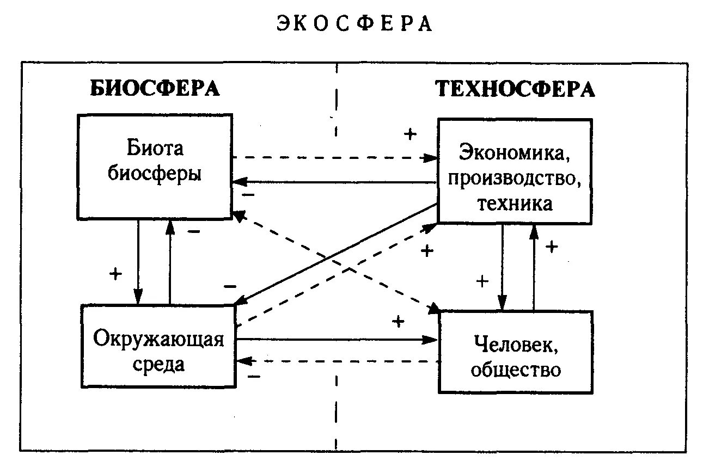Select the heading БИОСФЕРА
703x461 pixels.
(x=155, y=88)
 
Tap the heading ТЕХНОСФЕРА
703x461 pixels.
(x=515, y=89)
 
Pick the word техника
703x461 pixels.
(x=515, y=203)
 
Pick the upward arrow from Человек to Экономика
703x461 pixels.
(x=534, y=267)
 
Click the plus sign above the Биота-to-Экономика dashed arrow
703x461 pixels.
(x=409, y=134)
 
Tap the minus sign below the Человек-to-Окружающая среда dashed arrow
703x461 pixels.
(x=253, y=376)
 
